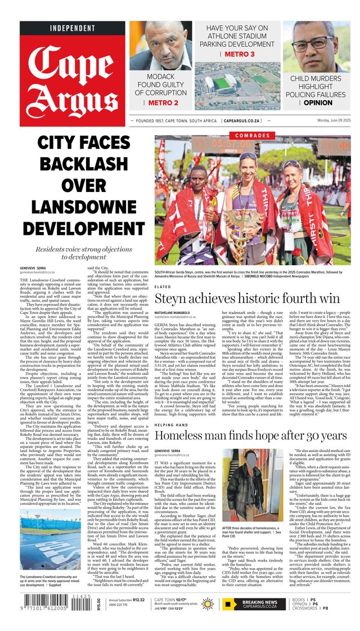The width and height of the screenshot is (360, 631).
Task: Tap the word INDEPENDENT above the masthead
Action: [73, 28]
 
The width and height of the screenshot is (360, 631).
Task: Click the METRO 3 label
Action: [239, 54]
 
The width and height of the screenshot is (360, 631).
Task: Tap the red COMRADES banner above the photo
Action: [252, 136]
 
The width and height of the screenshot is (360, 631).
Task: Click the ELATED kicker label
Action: [163, 287]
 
